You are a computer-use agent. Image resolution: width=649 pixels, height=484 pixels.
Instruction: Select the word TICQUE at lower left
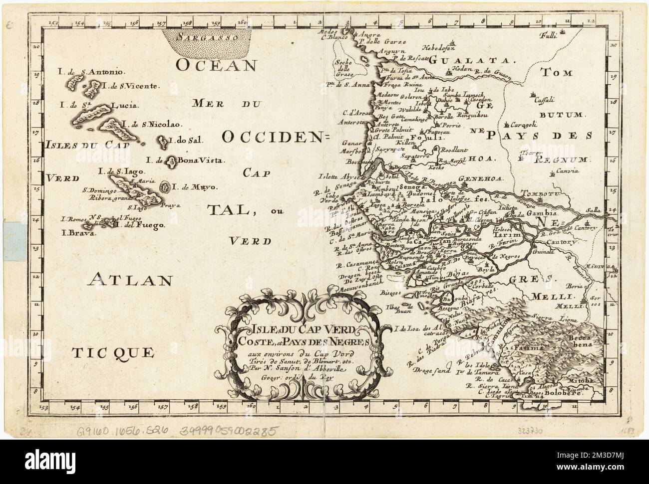[113, 353]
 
